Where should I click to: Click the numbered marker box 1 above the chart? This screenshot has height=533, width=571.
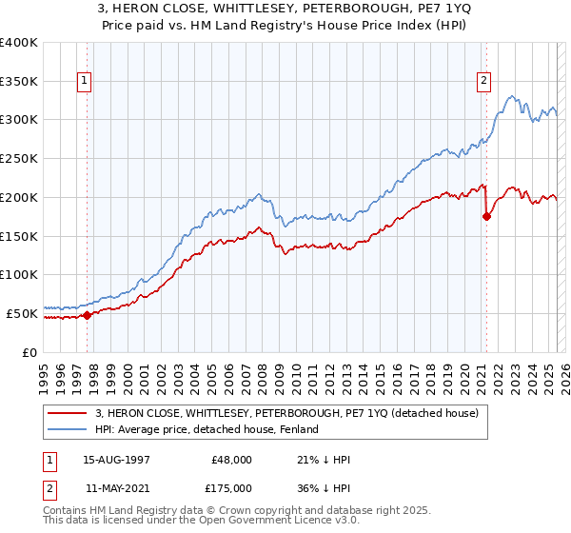point(86,82)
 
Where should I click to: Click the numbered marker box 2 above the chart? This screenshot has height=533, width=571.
point(484,82)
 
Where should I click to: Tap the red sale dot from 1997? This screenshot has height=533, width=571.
point(87,315)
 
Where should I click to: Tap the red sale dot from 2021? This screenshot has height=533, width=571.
point(486,216)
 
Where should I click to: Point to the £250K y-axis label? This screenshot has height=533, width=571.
point(19,159)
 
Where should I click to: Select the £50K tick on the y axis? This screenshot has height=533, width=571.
point(23,313)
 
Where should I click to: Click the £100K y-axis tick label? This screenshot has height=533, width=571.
point(19,274)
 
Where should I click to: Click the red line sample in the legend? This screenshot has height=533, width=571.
point(67,412)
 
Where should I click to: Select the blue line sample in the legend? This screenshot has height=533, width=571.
point(67,429)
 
